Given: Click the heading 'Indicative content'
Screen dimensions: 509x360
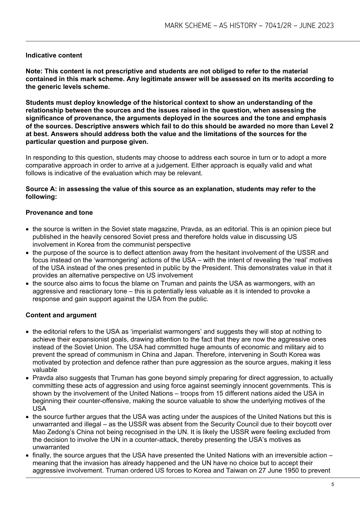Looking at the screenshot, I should point(54,55).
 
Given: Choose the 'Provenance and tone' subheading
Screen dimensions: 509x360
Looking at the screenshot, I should point(59,213).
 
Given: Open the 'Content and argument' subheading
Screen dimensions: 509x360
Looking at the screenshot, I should point(61,315).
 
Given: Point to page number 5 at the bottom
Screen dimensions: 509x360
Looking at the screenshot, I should point(333,484).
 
